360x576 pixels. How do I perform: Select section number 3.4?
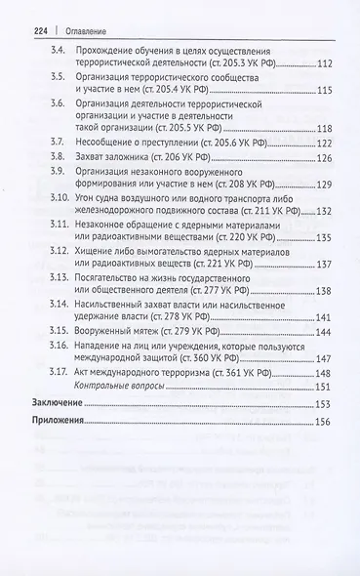pyautogui.click(x=60, y=49)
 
